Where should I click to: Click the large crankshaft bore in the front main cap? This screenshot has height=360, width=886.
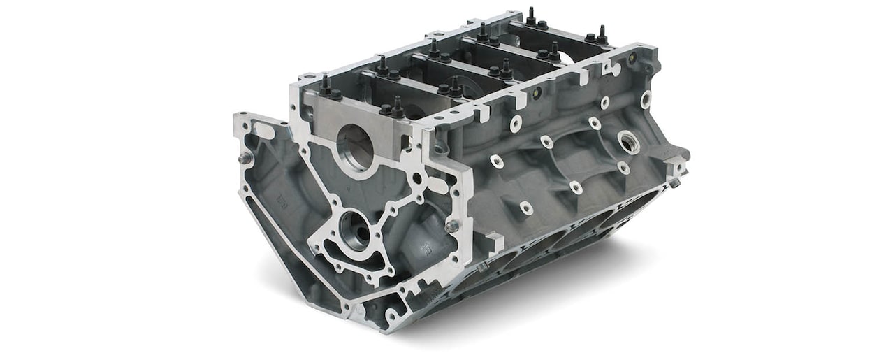tap(355, 147)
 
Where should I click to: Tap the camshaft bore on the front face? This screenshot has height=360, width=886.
tap(355, 231)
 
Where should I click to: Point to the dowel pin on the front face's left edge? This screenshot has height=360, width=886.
tap(245, 159)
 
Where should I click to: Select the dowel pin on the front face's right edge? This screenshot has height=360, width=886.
tap(453, 226)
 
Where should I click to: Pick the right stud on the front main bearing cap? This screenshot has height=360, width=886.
tap(398, 106)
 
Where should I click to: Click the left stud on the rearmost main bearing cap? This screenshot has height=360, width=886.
tap(530, 15)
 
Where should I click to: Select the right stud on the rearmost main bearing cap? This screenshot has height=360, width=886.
tap(601, 34)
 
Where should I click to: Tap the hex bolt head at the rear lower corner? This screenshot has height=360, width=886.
tap(674, 182)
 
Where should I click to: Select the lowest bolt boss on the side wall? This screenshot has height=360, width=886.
tap(525, 208)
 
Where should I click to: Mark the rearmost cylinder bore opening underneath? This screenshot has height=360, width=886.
tap(629, 209)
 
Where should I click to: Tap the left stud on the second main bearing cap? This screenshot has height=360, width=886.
tap(382, 64)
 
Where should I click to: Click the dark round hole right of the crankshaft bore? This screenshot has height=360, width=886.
tap(417, 178)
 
